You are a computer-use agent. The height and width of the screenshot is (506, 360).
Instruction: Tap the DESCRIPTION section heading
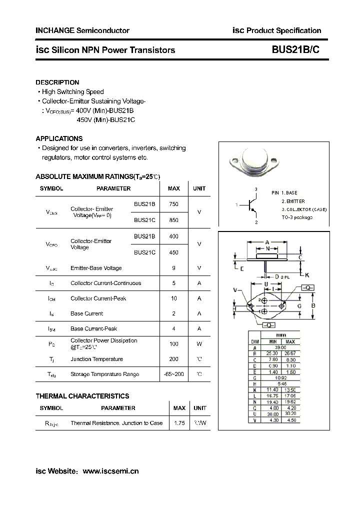pos(57,82)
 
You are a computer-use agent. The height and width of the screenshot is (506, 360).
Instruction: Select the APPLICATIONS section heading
pos(59,138)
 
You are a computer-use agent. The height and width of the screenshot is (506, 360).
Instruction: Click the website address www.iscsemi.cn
pos(110,471)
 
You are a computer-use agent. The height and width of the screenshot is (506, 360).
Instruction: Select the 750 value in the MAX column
pos(173,204)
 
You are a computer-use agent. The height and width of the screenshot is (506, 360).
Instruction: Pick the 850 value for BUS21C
pos(173,220)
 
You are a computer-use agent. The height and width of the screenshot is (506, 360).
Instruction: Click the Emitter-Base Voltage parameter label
pos(96,268)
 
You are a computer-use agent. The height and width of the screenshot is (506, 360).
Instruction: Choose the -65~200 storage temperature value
pos(173,374)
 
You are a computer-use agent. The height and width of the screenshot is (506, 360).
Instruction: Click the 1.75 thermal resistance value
pos(179,423)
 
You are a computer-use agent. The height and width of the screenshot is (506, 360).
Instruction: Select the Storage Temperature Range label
pos(104,374)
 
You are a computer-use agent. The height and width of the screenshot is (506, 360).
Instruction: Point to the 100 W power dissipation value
pos(173,344)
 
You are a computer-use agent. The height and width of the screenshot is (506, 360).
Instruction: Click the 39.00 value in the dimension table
pos(281,347)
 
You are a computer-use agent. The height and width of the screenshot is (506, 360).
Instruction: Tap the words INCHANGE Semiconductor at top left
pos(82,30)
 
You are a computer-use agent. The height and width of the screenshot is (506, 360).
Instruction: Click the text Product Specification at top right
pos(283,30)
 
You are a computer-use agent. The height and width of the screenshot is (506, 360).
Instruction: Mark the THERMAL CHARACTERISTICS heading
pos(82,396)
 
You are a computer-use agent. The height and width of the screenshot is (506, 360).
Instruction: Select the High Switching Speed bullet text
pos(72,92)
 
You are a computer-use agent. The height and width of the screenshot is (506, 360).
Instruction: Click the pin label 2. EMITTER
pos(293,201)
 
